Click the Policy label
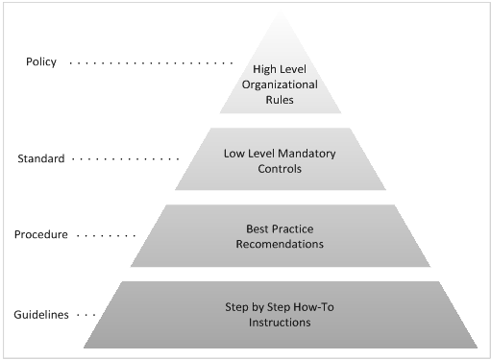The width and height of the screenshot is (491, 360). pos(41,61)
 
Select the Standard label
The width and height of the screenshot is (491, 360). pos(41,158)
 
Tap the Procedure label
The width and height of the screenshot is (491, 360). pos(41,234)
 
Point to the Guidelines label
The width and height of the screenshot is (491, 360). pos(41,315)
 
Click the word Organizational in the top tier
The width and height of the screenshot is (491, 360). pos(280,84)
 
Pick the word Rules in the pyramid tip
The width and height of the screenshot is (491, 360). pos(280,100)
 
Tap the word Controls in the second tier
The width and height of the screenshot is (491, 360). pos(280,169)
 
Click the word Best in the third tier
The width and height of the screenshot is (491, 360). pos(256,228)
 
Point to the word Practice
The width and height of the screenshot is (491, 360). pos(290,228)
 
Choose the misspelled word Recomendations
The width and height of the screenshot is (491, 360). pos(280,244)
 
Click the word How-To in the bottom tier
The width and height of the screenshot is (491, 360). pos(313,307)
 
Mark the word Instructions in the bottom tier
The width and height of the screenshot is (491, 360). pos(280,323)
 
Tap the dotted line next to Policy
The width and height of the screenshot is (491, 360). pos(151,63)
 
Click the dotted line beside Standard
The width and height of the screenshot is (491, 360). pos(126,158)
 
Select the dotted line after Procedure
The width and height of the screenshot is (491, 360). pos(106,236)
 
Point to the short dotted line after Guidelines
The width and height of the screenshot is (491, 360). pos(86,315)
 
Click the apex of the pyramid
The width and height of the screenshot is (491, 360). pos(281,12)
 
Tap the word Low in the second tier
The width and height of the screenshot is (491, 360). pos(231,154)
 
